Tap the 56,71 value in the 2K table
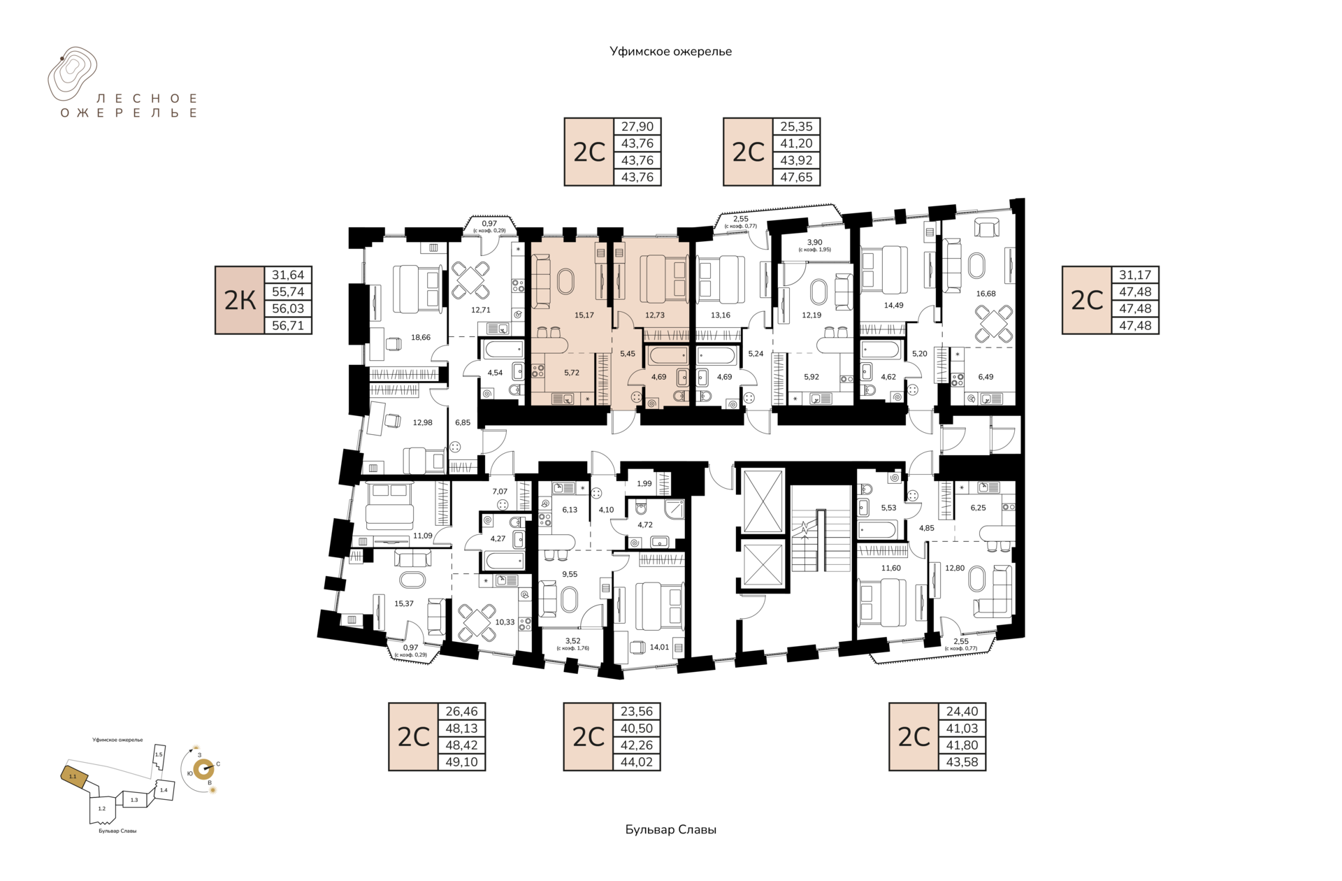pyautogui.click(x=288, y=325)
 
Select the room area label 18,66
pyautogui.click(x=421, y=337)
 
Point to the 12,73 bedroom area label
pyautogui.click(x=655, y=315)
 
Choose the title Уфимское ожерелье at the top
pyautogui.click(x=670, y=51)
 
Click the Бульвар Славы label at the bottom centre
pyautogui.click(x=671, y=829)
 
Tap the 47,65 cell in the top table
pyautogui.click(x=796, y=177)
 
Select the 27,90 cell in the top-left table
pyautogui.click(x=637, y=127)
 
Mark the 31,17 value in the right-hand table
pyautogui.click(x=1135, y=275)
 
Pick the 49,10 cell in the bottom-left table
pyautogui.click(x=461, y=762)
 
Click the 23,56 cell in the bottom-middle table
pyautogui.click(x=637, y=711)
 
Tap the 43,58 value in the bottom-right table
pyautogui.click(x=962, y=762)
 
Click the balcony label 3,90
pyautogui.click(x=814, y=242)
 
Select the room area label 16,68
pyautogui.click(x=986, y=294)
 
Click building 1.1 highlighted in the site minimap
pyautogui.click(x=74, y=775)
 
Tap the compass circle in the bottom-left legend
pyautogui.click(x=203, y=770)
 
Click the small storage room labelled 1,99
pyautogui.click(x=644, y=483)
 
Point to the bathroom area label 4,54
pyautogui.click(x=495, y=373)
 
